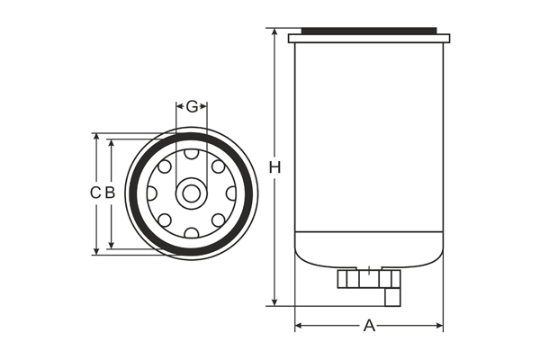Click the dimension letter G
pos(192,107)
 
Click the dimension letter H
pos(275,167)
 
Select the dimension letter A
pos(369,326)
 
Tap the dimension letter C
pos(94,193)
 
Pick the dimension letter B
pos(110,193)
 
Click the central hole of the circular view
pos(192,193)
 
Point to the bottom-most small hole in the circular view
pos(192,232)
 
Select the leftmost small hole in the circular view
pos(152,193)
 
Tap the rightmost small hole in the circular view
pos(230,193)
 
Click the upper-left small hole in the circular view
pos(165,166)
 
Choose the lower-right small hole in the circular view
pos(219,220)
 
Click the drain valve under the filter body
pos(370,281)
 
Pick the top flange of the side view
pos(369,38)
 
